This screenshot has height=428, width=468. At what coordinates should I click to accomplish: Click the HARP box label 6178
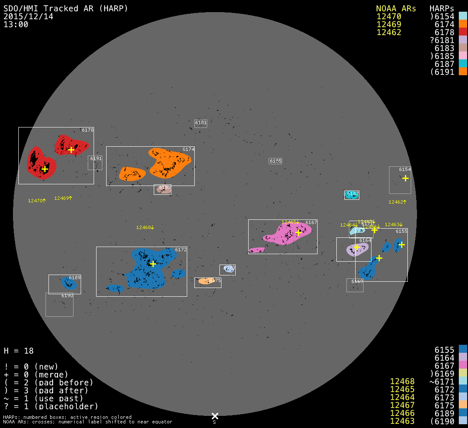(87, 130)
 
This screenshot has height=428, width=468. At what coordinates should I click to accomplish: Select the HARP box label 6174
(188, 149)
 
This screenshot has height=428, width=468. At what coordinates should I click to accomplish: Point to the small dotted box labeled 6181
(201, 123)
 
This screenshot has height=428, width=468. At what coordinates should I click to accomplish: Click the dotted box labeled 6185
(275, 161)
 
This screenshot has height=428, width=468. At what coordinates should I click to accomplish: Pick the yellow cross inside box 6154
(405, 178)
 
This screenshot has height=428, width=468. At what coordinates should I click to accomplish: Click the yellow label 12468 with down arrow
(145, 228)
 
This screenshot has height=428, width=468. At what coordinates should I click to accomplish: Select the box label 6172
(181, 250)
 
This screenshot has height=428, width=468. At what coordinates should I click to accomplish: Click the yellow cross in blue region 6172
(153, 264)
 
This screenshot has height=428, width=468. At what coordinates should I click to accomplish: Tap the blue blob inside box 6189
(69, 283)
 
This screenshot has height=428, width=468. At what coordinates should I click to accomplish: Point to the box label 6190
(67, 296)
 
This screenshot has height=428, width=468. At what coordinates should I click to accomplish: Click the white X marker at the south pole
(215, 416)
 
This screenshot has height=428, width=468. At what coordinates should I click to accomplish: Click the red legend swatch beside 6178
(463, 32)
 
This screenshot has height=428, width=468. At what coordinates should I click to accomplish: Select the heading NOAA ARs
(396, 8)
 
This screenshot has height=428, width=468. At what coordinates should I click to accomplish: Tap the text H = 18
(18, 351)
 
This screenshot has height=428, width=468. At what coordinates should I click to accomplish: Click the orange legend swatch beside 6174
(463, 24)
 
